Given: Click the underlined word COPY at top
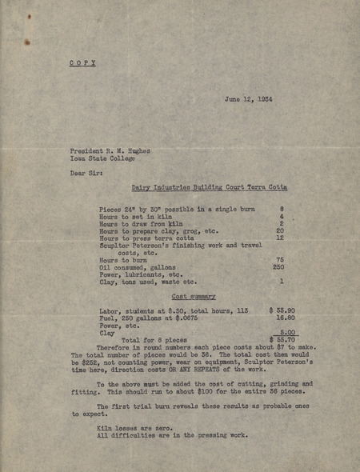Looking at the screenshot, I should (82, 63).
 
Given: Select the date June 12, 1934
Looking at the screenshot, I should (250, 99).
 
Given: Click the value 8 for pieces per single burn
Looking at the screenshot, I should (282, 209).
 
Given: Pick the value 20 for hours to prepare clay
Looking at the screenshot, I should (280, 230).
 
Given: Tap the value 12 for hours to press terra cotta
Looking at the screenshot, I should (280, 238).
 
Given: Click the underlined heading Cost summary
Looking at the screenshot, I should (194, 296).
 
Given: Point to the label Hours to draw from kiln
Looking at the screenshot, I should (138, 223).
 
